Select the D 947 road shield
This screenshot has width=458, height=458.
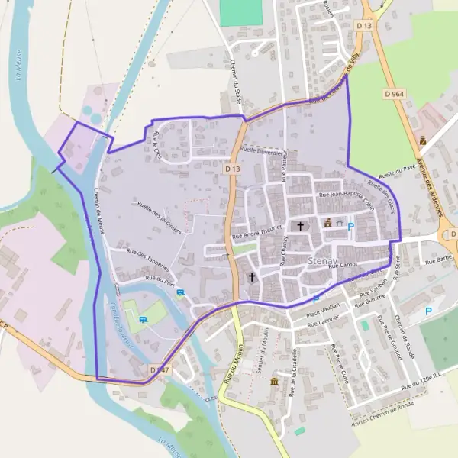pyautogui.click(x=159, y=370)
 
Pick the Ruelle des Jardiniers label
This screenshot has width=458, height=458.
pyautogui.click(x=159, y=216)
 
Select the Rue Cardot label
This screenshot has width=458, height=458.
pyautogui.click(x=343, y=266)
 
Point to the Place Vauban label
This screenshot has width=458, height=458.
pyautogui.click(x=321, y=313)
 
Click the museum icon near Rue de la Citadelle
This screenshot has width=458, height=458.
pyautogui.click(x=274, y=382)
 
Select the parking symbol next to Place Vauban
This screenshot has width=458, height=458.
pyautogui.click(x=316, y=299)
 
